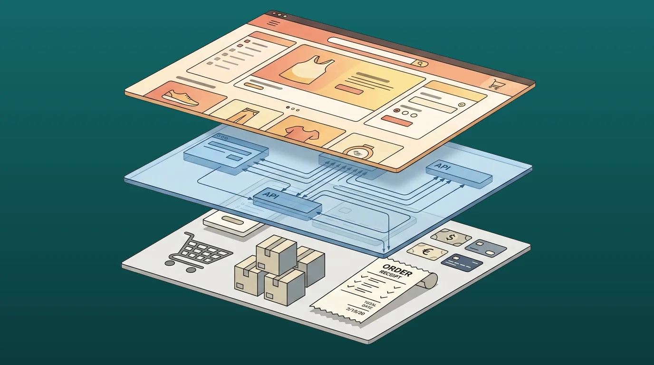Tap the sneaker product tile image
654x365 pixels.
coord(180,98)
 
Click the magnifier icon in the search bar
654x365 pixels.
coord(420,63)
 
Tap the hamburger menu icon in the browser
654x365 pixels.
coord(273,23)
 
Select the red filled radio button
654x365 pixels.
coord(397,111)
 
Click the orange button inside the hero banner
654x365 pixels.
coord(349,88)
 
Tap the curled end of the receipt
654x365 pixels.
coord(430,280)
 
